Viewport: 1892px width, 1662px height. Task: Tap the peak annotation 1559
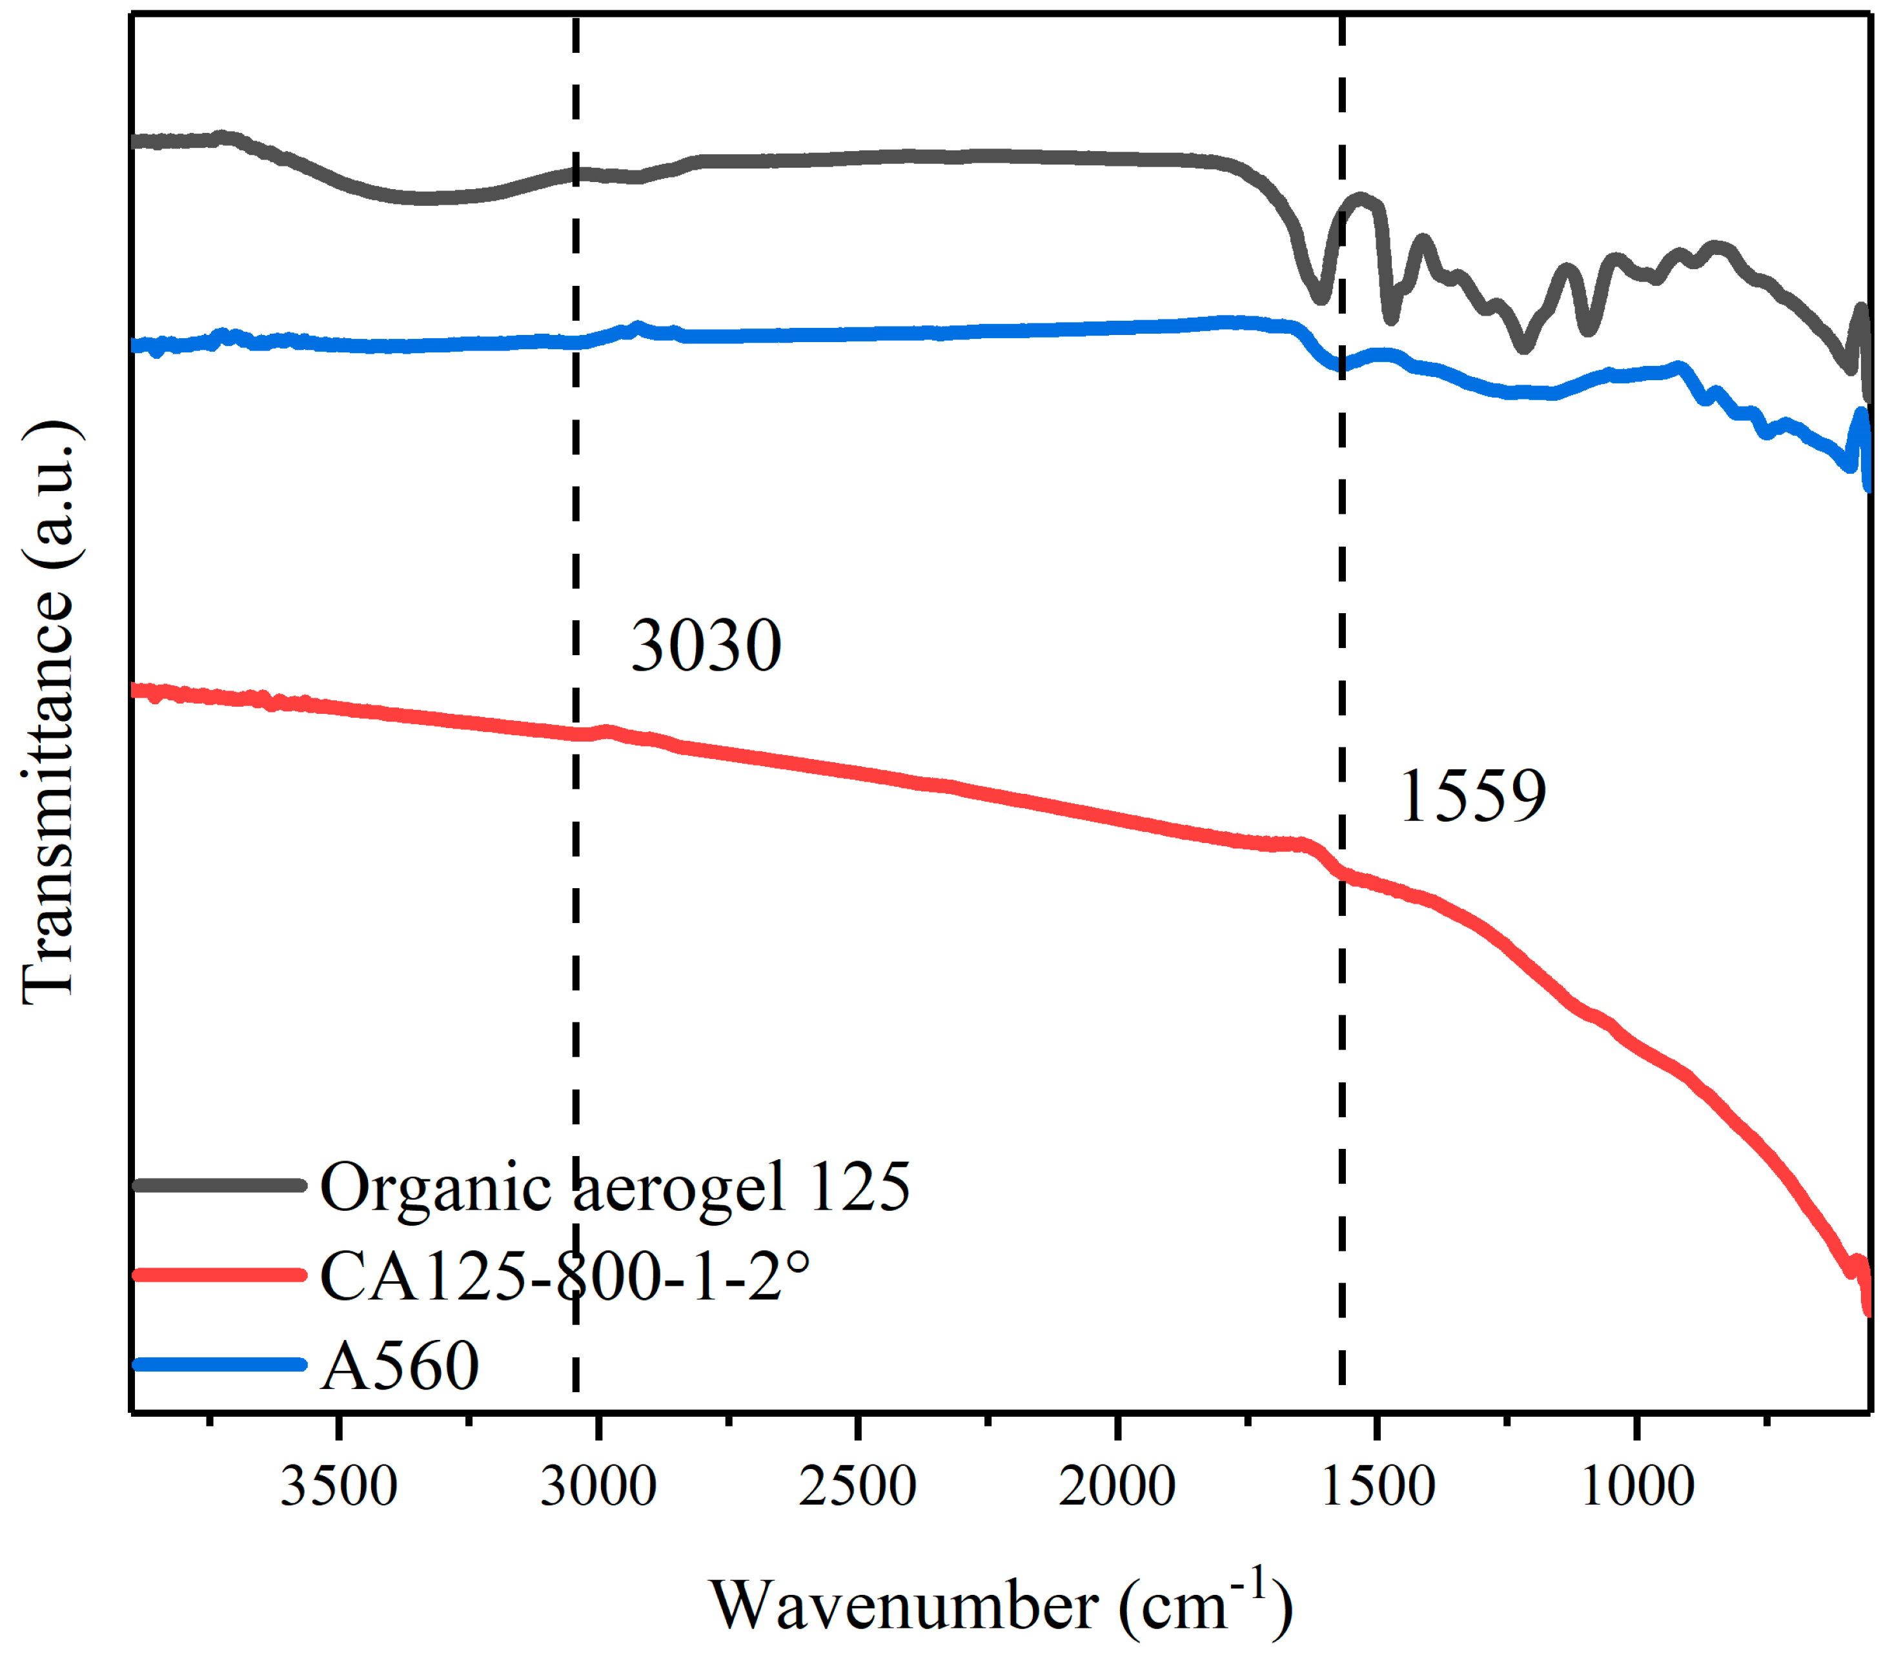pyautogui.click(x=1472, y=796)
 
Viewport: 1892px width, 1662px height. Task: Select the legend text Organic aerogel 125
pyautogui.click(x=615, y=1187)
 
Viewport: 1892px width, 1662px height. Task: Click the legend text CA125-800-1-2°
pyautogui.click(x=565, y=1276)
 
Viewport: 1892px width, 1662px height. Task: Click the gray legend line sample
pyautogui.click(x=219, y=1184)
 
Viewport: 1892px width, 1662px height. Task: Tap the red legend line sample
pyautogui.click(x=219, y=1274)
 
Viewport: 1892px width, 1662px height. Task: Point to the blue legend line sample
pyautogui.click(x=219, y=1364)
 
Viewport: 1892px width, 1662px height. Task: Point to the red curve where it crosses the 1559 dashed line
pyautogui.click(x=1342, y=873)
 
